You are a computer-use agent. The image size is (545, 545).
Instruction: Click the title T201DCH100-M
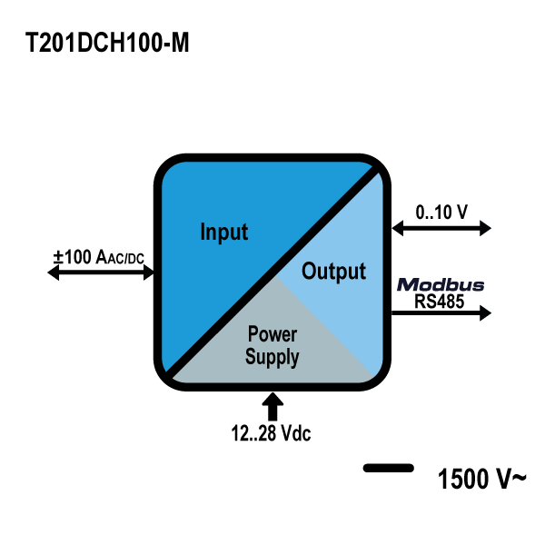coord(108,44)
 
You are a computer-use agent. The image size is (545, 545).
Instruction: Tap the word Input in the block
coord(223,232)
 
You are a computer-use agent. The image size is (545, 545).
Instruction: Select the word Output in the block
coord(333,271)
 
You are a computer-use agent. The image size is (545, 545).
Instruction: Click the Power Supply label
coord(272,346)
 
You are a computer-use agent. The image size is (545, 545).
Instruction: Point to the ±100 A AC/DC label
coord(99,257)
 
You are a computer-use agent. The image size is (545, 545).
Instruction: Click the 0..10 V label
coord(441,213)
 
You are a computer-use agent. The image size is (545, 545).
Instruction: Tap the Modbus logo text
coord(441,285)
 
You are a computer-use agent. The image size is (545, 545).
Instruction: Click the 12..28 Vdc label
coord(271,433)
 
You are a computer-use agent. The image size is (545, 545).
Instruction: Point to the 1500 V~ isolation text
coord(481,478)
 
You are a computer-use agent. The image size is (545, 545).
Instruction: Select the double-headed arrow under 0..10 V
coord(441,227)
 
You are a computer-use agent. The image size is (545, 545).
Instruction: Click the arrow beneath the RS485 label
coord(441,314)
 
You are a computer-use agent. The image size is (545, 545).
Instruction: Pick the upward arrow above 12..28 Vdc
coord(273,404)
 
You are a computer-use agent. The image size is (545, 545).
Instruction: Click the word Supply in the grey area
coord(272,357)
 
